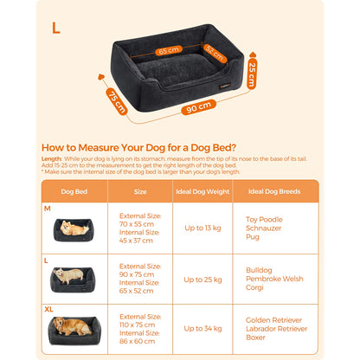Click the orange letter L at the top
coord(55,28)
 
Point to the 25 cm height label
coord(252,74)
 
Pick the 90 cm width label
coord(197,106)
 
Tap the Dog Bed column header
coord(73,190)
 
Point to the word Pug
coord(251,235)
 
